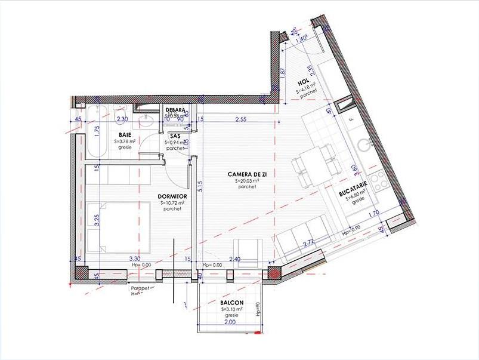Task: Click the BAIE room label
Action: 125,135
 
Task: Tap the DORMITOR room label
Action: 172,196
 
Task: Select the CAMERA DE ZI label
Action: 245,174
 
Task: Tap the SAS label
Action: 175,136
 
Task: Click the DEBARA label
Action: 176,109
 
